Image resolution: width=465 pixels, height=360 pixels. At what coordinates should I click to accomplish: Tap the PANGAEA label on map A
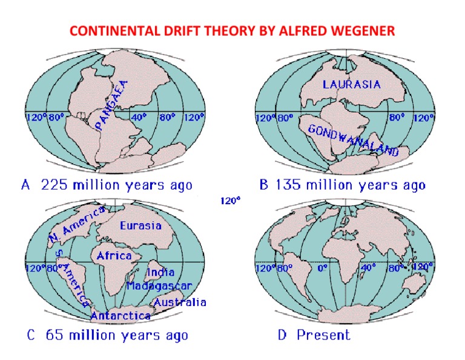click(112, 105)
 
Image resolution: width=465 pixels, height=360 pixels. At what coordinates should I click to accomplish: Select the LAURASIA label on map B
click(352, 85)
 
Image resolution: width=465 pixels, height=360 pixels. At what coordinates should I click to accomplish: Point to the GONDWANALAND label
click(353, 141)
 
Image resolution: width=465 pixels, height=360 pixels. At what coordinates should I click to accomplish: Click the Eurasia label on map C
click(140, 226)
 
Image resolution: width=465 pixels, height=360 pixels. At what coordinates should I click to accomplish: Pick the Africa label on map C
click(114, 256)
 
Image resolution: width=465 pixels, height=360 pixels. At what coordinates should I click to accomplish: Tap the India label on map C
click(161, 272)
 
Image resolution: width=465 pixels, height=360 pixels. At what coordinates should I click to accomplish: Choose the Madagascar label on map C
click(159, 286)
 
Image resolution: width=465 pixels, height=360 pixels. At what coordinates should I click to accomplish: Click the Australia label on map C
click(180, 302)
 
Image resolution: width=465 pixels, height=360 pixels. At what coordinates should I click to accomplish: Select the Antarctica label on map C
click(120, 316)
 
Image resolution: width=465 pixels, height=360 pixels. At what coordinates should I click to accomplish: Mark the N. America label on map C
click(77, 225)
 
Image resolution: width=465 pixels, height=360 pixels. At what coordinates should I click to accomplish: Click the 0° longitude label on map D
click(322, 268)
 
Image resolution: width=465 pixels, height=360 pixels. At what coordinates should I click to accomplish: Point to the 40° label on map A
click(139, 117)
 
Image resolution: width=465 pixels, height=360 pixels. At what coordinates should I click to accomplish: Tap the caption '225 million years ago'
click(116, 185)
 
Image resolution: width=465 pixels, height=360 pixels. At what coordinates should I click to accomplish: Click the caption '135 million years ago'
click(351, 185)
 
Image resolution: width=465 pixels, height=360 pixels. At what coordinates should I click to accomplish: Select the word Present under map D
click(323, 335)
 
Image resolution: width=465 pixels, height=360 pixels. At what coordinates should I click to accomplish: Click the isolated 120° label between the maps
click(230, 201)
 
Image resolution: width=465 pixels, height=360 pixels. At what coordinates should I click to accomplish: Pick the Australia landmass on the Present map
click(414, 284)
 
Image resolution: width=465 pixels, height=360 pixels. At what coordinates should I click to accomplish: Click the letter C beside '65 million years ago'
click(31, 335)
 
